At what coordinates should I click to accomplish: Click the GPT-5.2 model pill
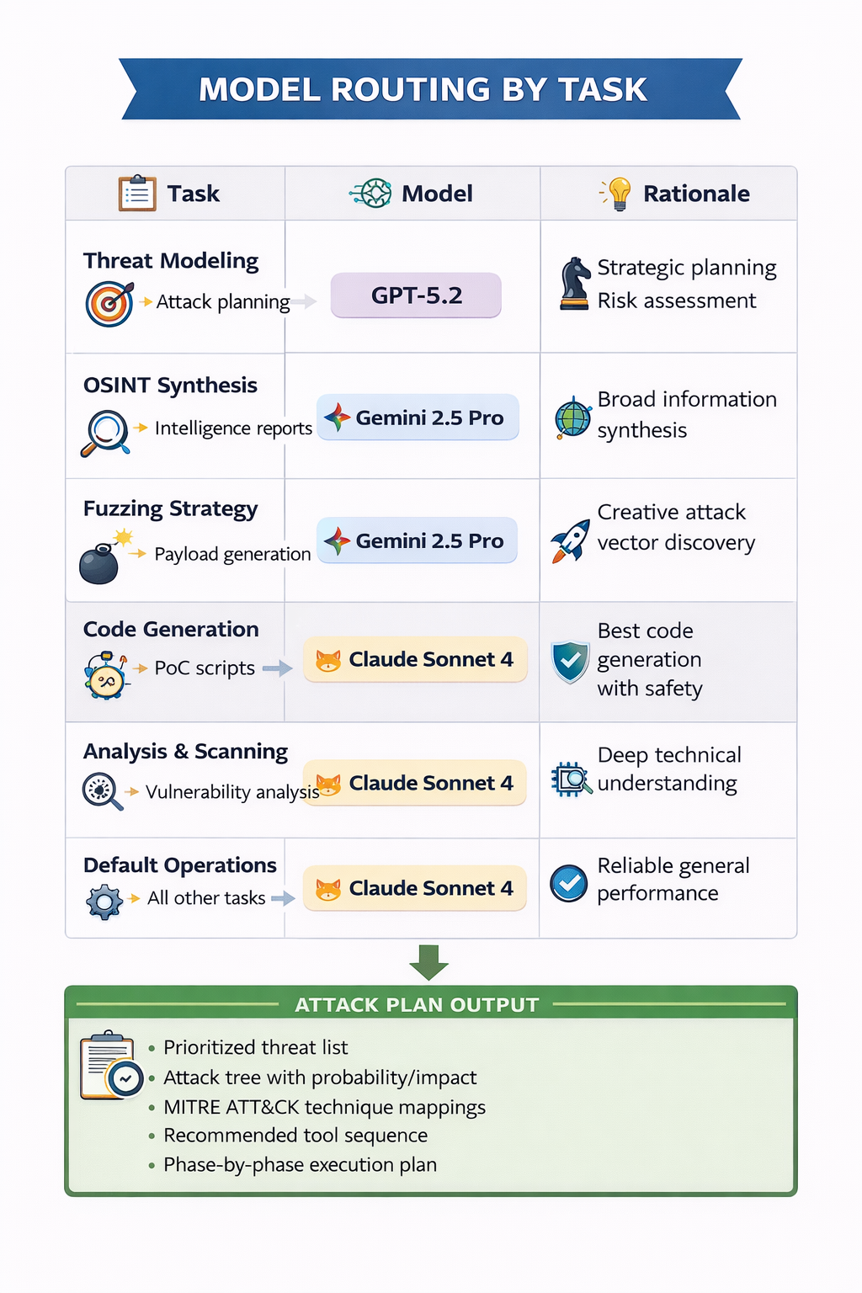pos(416,295)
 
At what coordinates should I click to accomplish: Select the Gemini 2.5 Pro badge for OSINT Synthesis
pos(418,418)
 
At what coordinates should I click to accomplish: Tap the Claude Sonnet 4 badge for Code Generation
pos(416,659)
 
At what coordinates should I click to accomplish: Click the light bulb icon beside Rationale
pos(619,194)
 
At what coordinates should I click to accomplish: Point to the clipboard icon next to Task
pos(137,193)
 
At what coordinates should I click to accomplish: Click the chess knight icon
pos(575,284)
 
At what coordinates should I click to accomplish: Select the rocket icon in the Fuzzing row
pos(571,540)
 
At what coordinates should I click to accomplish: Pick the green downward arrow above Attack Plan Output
pos(429,962)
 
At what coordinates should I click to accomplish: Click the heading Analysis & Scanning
pos(185,751)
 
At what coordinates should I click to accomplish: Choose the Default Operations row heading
pos(180,865)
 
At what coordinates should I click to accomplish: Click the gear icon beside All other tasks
pos(104,901)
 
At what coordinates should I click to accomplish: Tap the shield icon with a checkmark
pos(570,662)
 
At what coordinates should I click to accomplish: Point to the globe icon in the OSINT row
pos(573,418)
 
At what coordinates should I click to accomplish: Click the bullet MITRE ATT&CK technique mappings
pos(324,1107)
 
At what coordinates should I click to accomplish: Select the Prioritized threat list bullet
pos(255,1047)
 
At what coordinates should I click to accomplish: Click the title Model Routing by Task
pos(423,89)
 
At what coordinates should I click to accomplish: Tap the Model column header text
pos(437,194)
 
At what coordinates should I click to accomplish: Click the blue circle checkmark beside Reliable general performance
pos(569,883)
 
